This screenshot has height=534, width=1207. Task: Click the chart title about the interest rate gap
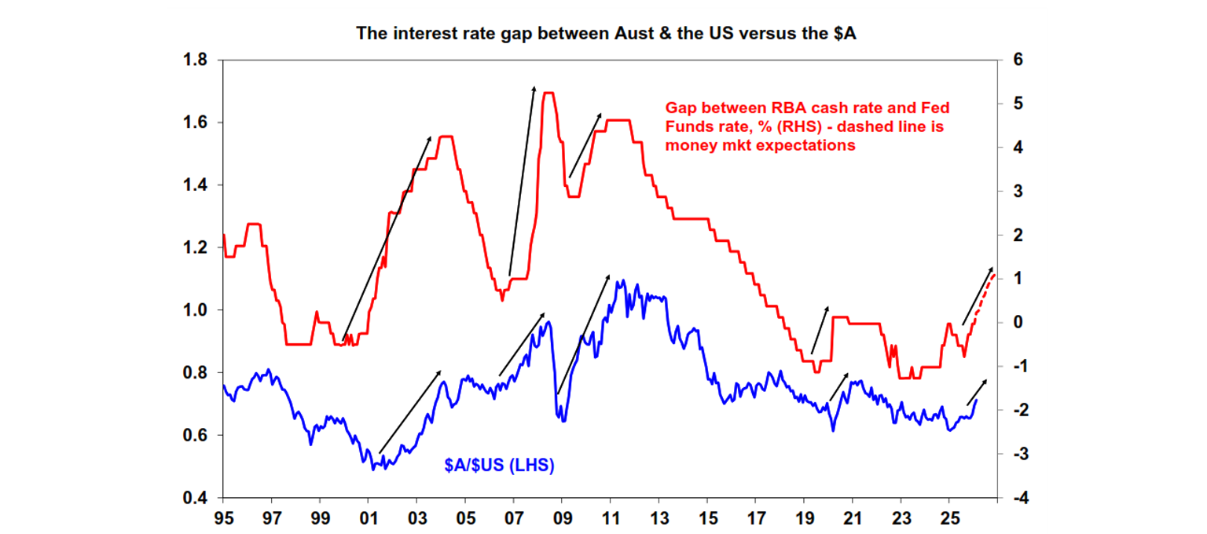pos(603,33)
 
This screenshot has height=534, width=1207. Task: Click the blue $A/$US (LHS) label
pos(499,466)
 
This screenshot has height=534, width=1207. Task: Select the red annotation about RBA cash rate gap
pos(804,126)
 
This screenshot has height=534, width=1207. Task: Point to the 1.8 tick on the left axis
pos(196,60)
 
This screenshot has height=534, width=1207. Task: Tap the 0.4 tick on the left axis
pos(196,498)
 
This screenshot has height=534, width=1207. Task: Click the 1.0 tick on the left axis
pos(196,310)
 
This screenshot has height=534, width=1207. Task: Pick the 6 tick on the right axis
pos(1010,60)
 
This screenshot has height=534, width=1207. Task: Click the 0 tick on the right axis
pos(1010,323)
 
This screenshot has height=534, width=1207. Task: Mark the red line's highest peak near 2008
pos(549,93)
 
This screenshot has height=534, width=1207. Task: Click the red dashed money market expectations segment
pos(985,292)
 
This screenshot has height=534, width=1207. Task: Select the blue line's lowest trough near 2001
pos(374,468)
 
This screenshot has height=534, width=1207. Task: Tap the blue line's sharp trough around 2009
pos(563,420)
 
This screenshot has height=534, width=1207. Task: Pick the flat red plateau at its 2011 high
pos(620,120)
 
